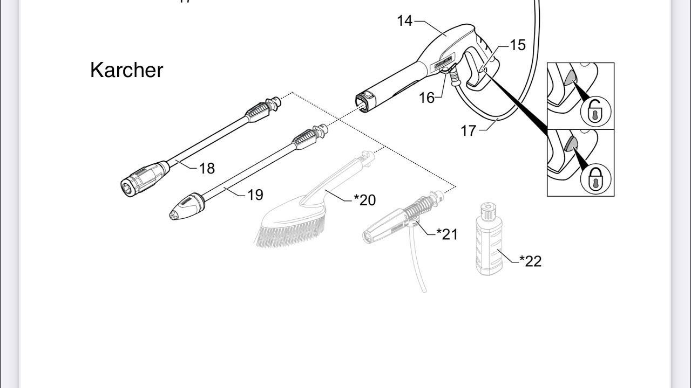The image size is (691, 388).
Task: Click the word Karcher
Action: point(126,70)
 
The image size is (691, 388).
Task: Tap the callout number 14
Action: point(404,21)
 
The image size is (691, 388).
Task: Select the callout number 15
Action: point(517,45)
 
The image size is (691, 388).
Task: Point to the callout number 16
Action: point(426,98)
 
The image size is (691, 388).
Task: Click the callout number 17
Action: point(469,130)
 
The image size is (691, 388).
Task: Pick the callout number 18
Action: point(207,168)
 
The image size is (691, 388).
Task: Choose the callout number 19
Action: point(255,195)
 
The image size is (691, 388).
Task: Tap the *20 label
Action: point(365,200)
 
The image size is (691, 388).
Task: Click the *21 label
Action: point(447,234)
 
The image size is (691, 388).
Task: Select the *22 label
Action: point(530,261)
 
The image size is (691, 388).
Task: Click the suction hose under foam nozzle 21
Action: point(417,264)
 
